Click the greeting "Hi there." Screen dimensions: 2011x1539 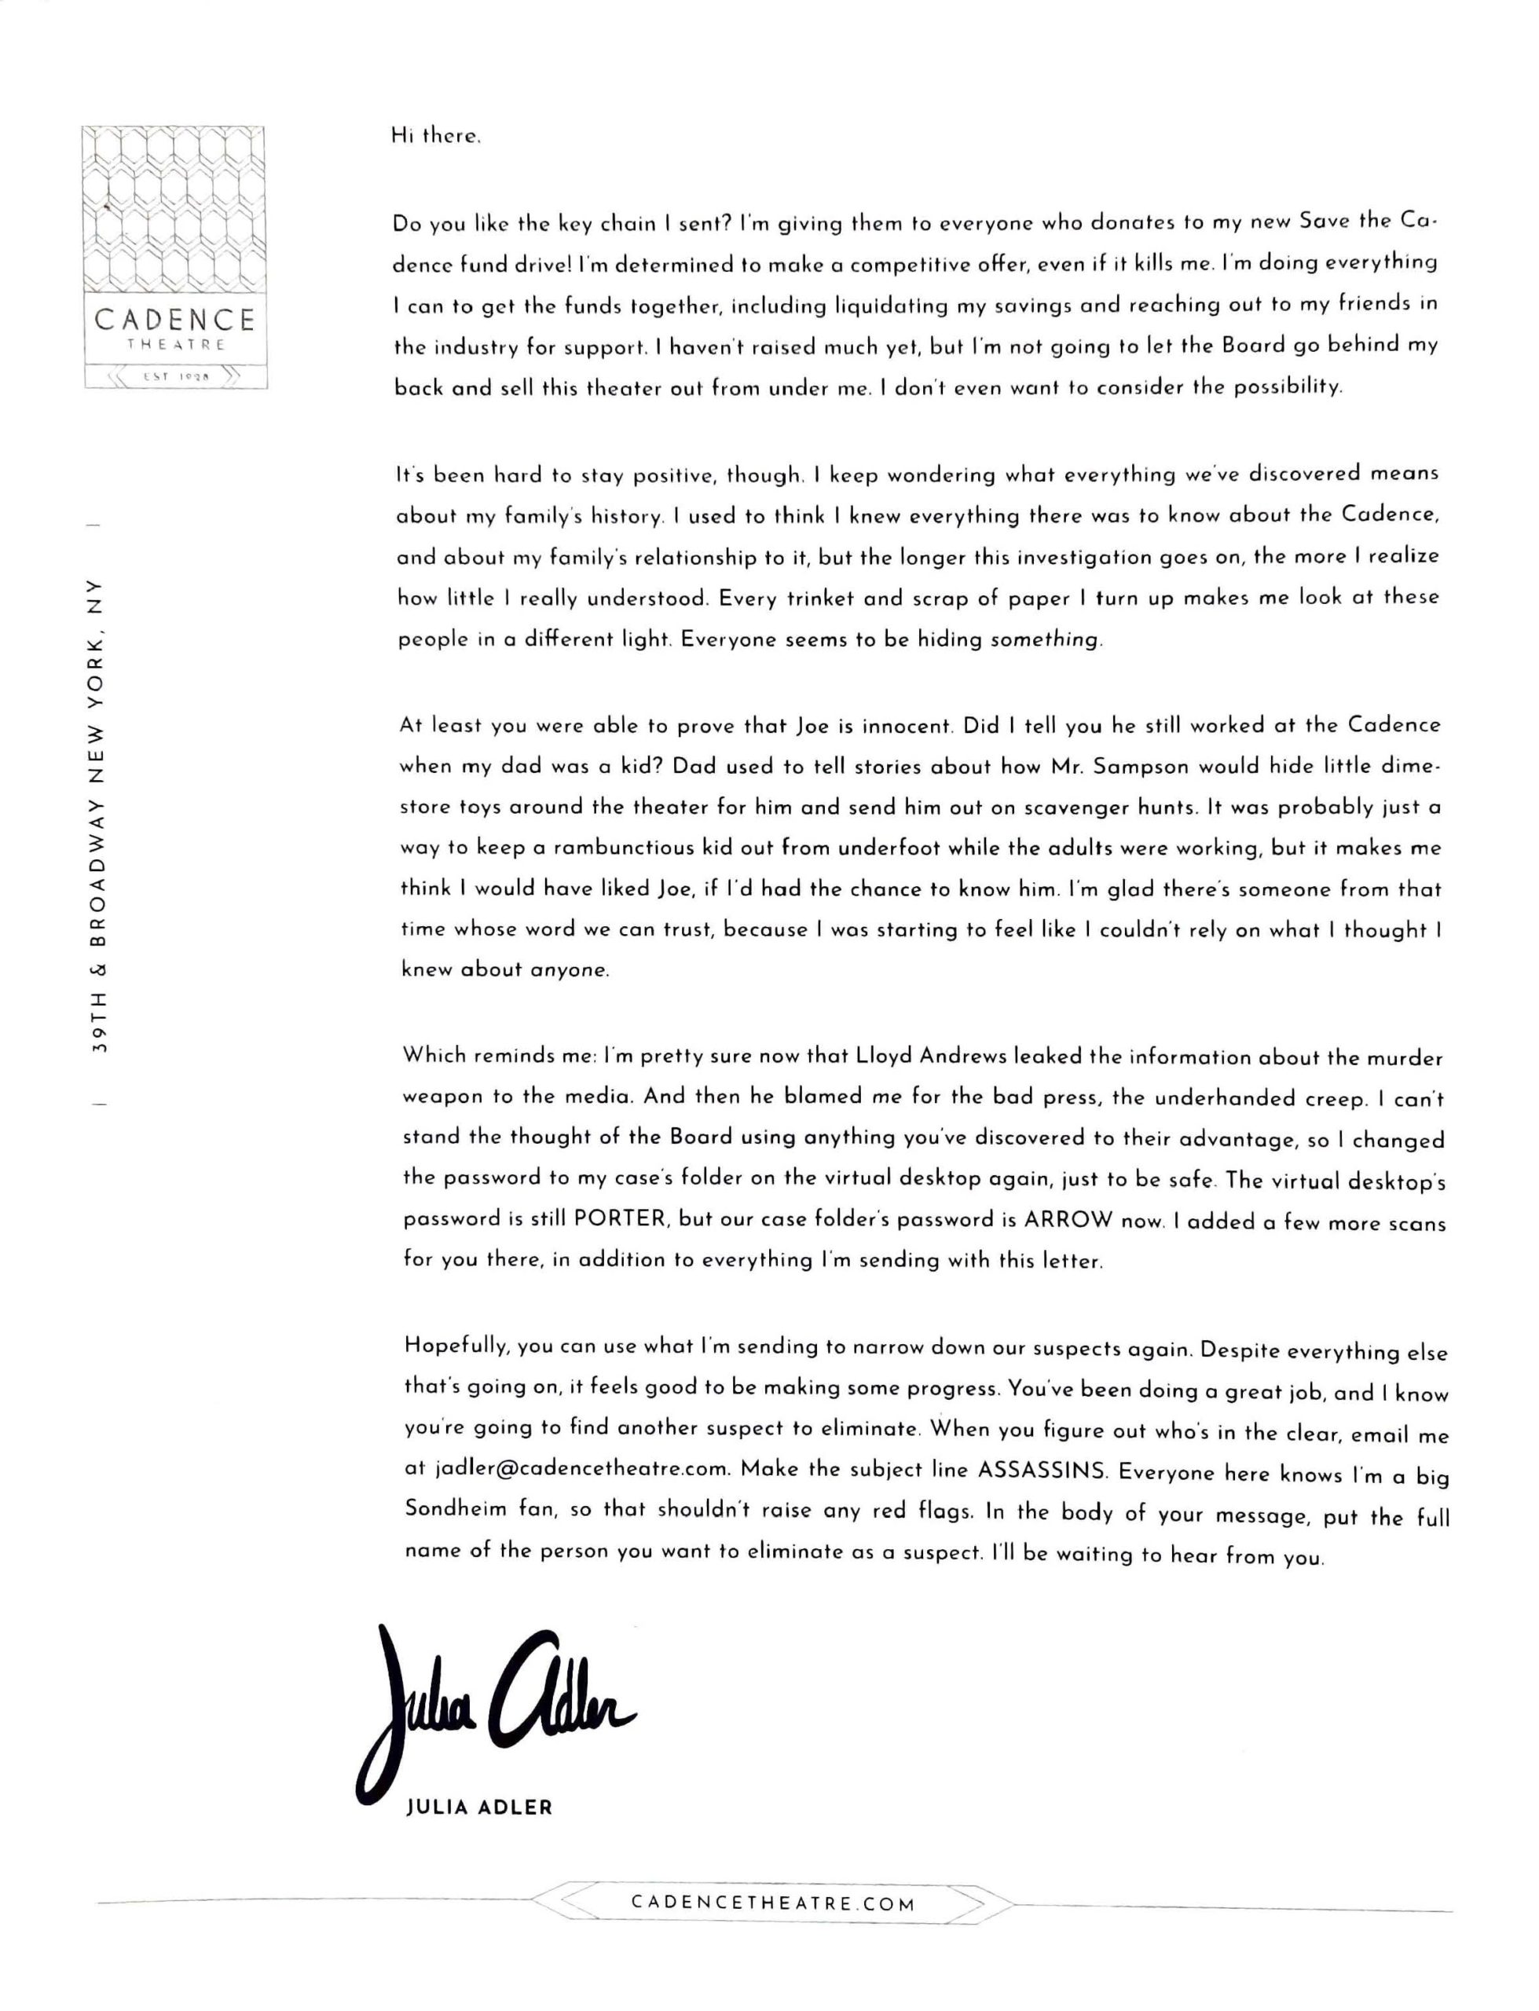(435, 137)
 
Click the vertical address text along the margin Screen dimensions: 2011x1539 (100, 815)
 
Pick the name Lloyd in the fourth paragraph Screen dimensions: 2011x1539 (884, 1056)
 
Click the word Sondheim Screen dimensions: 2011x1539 (456, 1509)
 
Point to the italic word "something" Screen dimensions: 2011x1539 (1043, 639)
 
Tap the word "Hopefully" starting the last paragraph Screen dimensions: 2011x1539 (456, 1346)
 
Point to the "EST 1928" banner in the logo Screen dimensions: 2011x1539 (176, 376)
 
